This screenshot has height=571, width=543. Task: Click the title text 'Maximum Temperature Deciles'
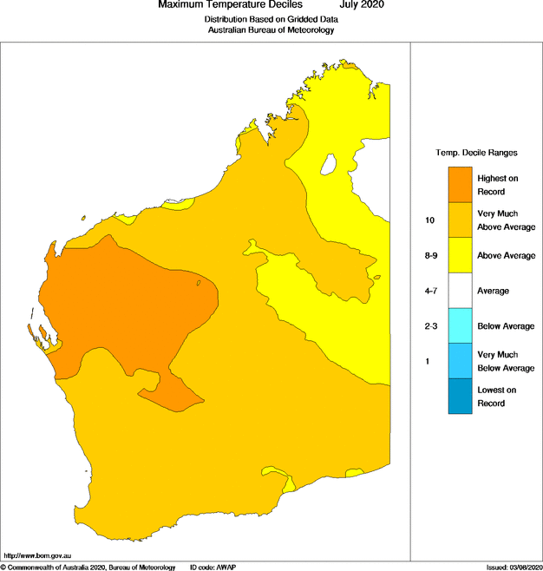230,5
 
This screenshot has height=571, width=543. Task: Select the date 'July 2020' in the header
362,5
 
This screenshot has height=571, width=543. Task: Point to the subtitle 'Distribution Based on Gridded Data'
271,18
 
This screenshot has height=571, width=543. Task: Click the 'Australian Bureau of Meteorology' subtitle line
271,30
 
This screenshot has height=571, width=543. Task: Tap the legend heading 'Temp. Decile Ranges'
476,153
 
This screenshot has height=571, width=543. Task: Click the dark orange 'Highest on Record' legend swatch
460,185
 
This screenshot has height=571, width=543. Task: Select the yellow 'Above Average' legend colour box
460,256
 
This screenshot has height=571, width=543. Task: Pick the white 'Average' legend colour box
460,291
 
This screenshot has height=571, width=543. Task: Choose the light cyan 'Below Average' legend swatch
460,326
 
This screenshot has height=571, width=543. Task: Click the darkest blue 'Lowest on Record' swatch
460,397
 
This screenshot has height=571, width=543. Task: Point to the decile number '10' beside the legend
429,220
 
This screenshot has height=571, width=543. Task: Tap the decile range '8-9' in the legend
431,256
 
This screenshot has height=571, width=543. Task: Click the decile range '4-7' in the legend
431,291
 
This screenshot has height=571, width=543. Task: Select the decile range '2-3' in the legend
431,326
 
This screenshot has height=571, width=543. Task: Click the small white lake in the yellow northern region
329,162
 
